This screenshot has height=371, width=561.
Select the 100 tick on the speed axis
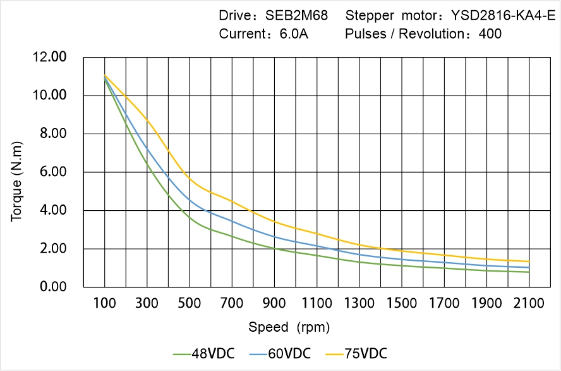pos(104,303)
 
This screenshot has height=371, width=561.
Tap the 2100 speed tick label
pos(529,303)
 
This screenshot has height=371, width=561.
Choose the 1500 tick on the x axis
pos(401,303)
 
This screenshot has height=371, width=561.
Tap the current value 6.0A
pos(294,34)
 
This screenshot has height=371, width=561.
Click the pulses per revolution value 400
pos(490,34)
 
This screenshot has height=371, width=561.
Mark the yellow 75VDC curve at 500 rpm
pos(190,180)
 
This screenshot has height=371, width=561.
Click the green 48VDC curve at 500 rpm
pos(190,218)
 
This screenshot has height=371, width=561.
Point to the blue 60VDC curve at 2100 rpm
pos(529,267)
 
